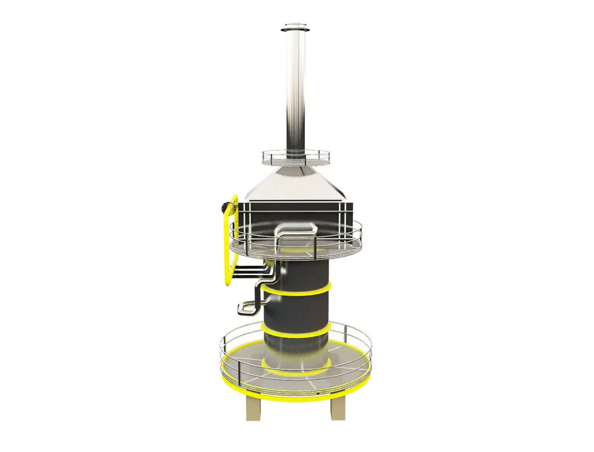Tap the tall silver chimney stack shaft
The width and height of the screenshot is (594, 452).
coord(296,89)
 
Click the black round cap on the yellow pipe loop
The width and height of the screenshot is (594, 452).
coord(227,205)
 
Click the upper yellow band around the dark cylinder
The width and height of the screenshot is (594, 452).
coord(297,292)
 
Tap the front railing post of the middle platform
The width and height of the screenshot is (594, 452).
coord(275,244)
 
